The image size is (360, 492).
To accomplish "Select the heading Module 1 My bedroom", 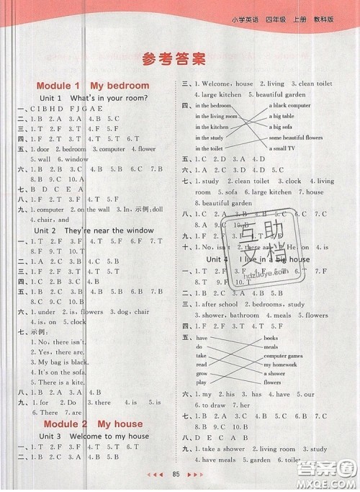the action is coord(93,86).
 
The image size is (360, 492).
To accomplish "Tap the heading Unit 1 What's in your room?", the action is coord(93,97).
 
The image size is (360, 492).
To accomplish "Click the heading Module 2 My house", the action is coord(93,424).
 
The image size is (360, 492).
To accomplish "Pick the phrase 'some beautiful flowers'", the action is coord(298,138).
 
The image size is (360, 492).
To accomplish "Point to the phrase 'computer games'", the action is coord(288,356).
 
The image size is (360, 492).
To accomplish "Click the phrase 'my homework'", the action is coord(284,364).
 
